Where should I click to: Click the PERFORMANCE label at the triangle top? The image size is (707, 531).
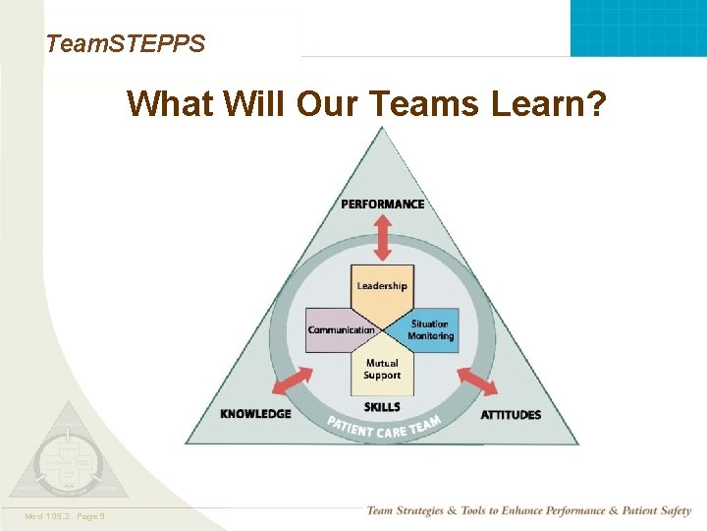(x=383, y=205)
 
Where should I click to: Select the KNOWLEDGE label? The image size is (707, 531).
(x=255, y=414)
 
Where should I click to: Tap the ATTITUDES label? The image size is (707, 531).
(x=511, y=415)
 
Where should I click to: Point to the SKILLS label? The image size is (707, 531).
(x=382, y=407)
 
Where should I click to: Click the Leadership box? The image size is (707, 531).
(x=382, y=286)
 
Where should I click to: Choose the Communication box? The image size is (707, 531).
(x=341, y=330)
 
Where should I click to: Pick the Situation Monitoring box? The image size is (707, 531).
(x=430, y=330)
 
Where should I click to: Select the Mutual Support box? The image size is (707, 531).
(x=382, y=370)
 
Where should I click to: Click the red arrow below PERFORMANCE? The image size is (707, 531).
(x=383, y=237)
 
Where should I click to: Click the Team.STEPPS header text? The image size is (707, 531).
(x=126, y=43)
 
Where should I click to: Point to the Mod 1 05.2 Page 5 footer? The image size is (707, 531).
(x=67, y=516)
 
